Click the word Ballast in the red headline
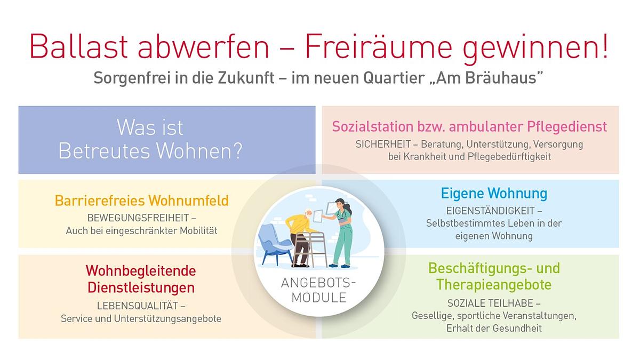[78, 46]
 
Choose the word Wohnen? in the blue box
[199, 150]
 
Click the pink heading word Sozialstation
[373, 126]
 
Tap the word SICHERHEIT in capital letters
[383, 145]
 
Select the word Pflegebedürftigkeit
[509, 157]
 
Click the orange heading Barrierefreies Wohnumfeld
[142, 201]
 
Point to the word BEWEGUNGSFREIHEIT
[138, 218]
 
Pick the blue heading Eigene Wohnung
[494, 194]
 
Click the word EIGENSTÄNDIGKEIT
[490, 211]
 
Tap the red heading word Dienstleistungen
[141, 287]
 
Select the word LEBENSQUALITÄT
[137, 306]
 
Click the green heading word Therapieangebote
[494, 285]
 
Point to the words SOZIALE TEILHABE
[490, 303]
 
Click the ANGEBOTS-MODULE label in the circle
[318, 290]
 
